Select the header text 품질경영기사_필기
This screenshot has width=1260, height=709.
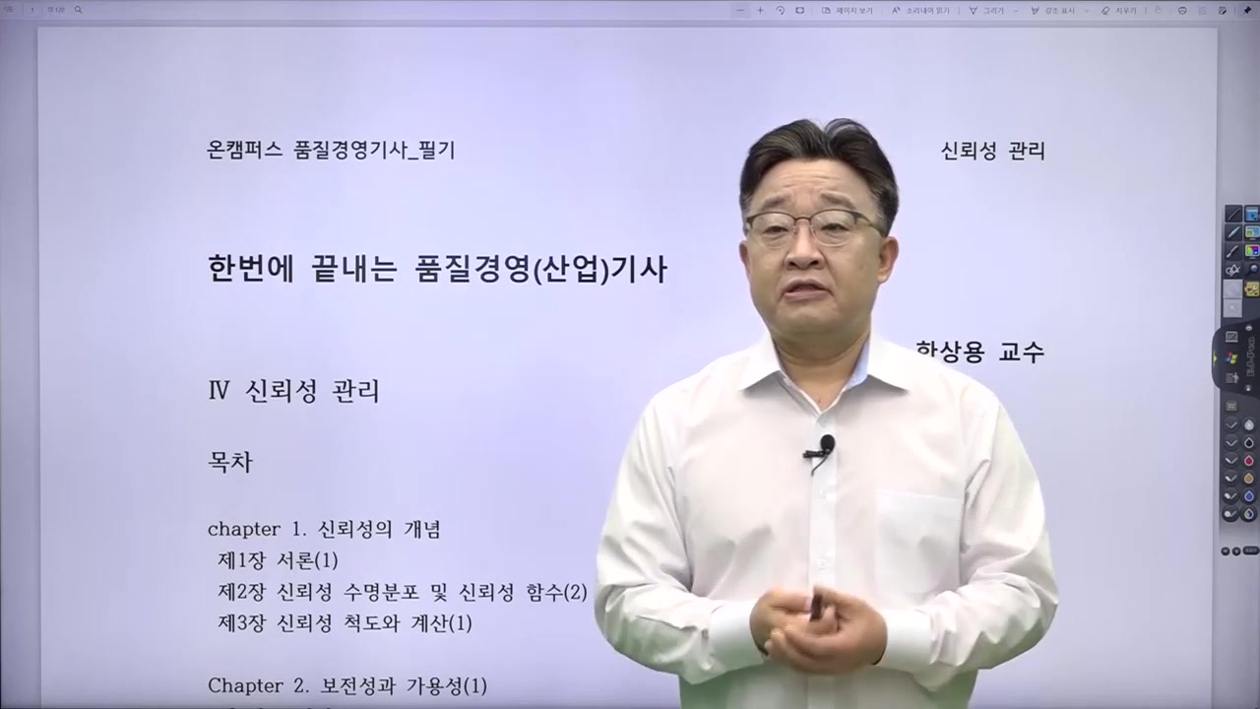point(374,151)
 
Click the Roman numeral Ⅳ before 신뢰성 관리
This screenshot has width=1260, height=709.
point(219,392)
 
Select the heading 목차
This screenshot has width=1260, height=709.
point(229,463)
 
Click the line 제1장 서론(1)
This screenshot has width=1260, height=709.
point(278,561)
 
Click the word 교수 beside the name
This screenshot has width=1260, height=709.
point(1021,352)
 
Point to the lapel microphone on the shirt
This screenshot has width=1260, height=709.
point(825,447)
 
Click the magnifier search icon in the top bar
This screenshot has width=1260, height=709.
point(78,10)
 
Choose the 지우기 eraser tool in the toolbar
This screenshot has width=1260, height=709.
point(1118,10)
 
